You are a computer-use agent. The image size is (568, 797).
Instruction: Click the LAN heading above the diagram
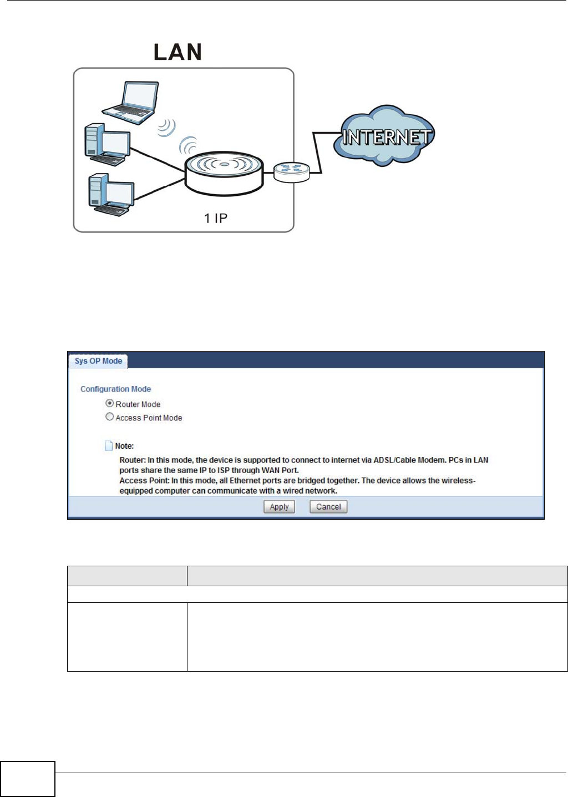[177, 52]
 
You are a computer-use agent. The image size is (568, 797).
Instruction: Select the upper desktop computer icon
[107, 144]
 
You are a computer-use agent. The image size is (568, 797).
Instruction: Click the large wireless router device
[224, 174]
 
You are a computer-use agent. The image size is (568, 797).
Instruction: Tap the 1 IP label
[215, 219]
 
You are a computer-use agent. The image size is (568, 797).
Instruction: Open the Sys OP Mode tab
[98, 361]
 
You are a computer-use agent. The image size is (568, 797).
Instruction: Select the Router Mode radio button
[110, 403]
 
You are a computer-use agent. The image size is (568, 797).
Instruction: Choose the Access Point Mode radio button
[110, 417]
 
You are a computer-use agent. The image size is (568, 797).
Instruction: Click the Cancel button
[328, 506]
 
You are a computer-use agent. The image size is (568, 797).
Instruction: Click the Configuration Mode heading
[115, 389]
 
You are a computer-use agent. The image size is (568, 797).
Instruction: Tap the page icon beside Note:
[109, 445]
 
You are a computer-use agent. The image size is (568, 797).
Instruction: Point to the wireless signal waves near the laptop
[166, 128]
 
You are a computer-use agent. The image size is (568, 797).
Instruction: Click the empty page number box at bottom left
[28, 779]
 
